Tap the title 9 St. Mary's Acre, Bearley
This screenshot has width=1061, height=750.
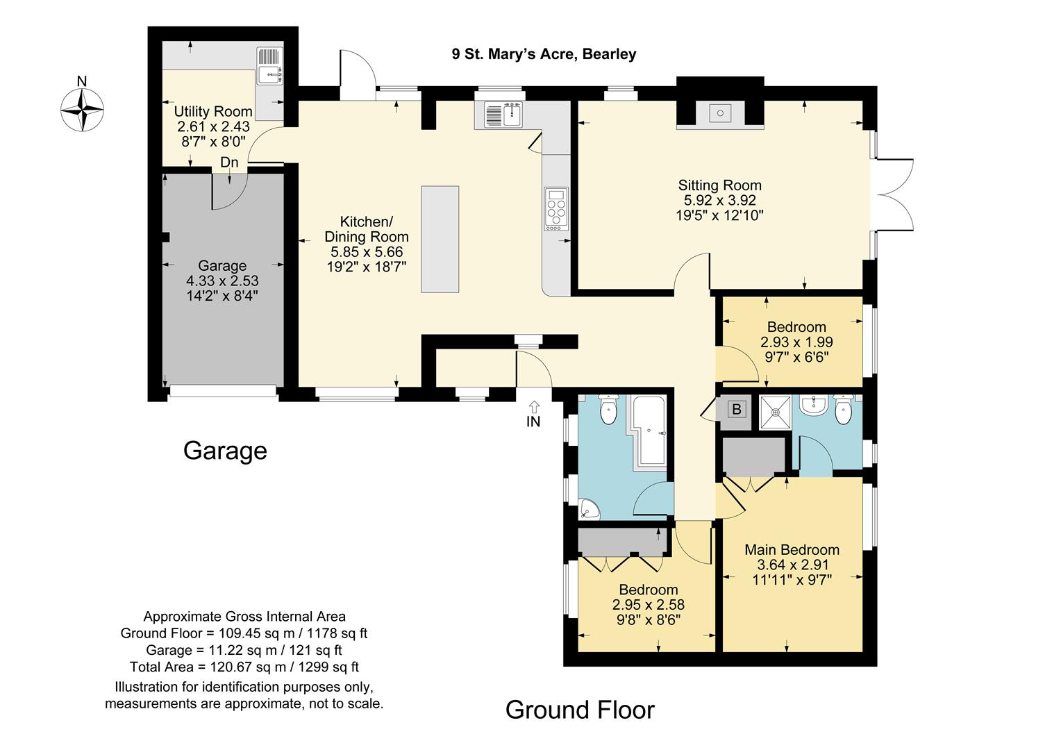[544, 54]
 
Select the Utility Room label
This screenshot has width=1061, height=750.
[213, 112]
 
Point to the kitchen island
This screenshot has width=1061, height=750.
[440, 240]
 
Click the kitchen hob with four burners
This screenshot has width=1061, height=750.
[556, 209]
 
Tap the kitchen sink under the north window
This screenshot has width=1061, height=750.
[503, 115]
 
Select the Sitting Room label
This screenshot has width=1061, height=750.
[719, 185]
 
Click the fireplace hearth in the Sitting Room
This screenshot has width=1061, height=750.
[720, 114]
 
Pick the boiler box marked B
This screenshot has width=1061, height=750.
[736, 409]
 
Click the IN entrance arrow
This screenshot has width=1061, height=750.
[533, 414]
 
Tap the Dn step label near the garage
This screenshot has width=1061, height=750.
[229, 162]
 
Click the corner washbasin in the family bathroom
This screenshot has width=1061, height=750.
[588, 509]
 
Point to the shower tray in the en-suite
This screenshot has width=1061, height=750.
[776, 412]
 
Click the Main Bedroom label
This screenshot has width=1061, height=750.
[792, 549]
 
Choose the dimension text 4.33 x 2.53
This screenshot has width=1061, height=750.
[222, 281]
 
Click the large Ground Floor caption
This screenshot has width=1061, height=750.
[580, 710]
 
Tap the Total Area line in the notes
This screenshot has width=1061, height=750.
[244, 667]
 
